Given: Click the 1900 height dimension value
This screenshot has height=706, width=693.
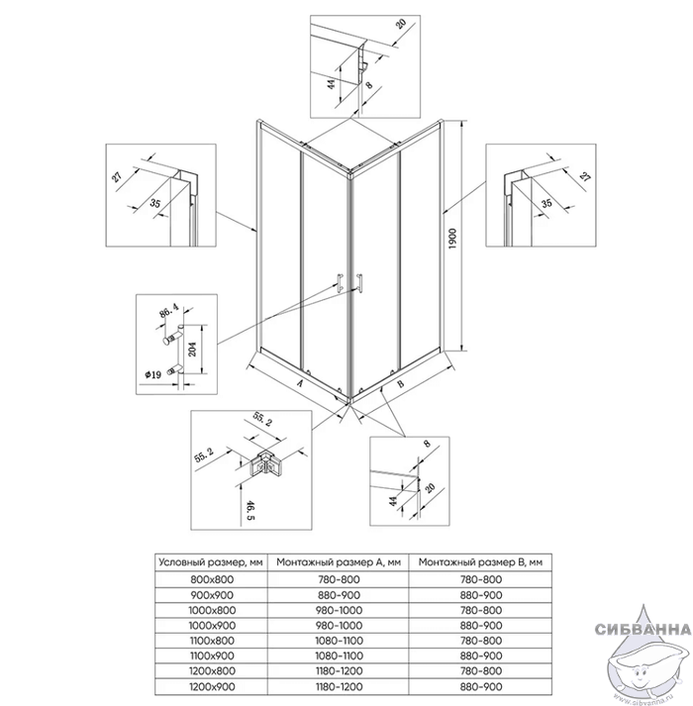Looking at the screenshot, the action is (x=452, y=239).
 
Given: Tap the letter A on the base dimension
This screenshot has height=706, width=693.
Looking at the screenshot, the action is (x=299, y=383).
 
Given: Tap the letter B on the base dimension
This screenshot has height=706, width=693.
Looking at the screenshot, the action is (x=401, y=383).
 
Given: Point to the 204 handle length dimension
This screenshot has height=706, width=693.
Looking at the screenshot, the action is (x=193, y=349).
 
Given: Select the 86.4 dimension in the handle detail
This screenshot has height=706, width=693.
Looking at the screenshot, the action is (x=169, y=311).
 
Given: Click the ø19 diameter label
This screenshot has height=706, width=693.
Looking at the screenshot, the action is (x=153, y=374).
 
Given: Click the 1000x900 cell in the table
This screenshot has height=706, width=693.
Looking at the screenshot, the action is (x=212, y=626).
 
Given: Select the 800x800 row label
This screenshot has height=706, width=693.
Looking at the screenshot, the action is (x=212, y=579).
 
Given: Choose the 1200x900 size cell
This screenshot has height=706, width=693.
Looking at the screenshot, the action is (x=212, y=686).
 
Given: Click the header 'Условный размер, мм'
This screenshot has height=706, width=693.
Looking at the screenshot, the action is (x=211, y=562).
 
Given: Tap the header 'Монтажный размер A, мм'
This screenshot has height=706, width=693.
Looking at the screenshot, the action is (x=339, y=562).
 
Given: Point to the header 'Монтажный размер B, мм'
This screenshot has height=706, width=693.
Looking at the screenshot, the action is (x=480, y=562).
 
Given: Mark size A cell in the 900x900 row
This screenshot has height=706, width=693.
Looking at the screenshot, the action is (x=339, y=595).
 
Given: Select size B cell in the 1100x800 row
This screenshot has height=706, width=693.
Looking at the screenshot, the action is (x=480, y=641).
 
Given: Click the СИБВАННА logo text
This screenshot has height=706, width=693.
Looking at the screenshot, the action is (x=643, y=629).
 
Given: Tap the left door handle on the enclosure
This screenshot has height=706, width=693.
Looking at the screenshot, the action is (x=339, y=283).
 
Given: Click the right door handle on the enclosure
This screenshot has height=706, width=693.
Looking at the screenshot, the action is (x=359, y=283).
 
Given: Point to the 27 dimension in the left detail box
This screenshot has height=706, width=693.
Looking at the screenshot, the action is (x=118, y=175).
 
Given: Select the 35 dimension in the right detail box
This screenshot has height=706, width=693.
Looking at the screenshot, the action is (x=546, y=203).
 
